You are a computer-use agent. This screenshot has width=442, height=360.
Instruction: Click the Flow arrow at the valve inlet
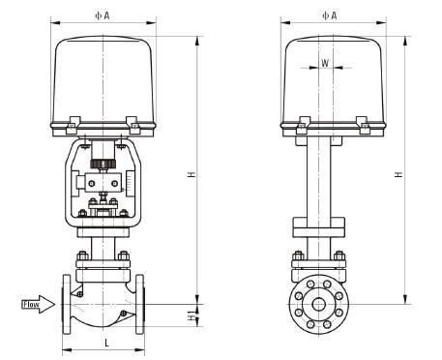click(x=38, y=304)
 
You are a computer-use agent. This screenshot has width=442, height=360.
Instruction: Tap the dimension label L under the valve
click(x=107, y=343)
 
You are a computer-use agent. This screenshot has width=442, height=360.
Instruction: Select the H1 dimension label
click(x=192, y=315)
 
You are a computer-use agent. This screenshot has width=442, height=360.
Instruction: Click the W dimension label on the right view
click(x=325, y=63)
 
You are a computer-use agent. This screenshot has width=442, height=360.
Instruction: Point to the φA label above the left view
click(x=103, y=15)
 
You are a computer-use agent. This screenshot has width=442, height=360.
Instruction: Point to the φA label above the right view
click(x=330, y=15)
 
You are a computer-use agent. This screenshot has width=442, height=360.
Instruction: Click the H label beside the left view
click(x=192, y=174)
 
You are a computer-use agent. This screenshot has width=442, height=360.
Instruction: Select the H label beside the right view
click(x=399, y=174)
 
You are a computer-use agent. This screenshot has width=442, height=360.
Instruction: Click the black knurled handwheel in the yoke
click(x=103, y=164)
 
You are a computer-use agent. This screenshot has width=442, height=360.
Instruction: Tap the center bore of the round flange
click(x=319, y=304)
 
